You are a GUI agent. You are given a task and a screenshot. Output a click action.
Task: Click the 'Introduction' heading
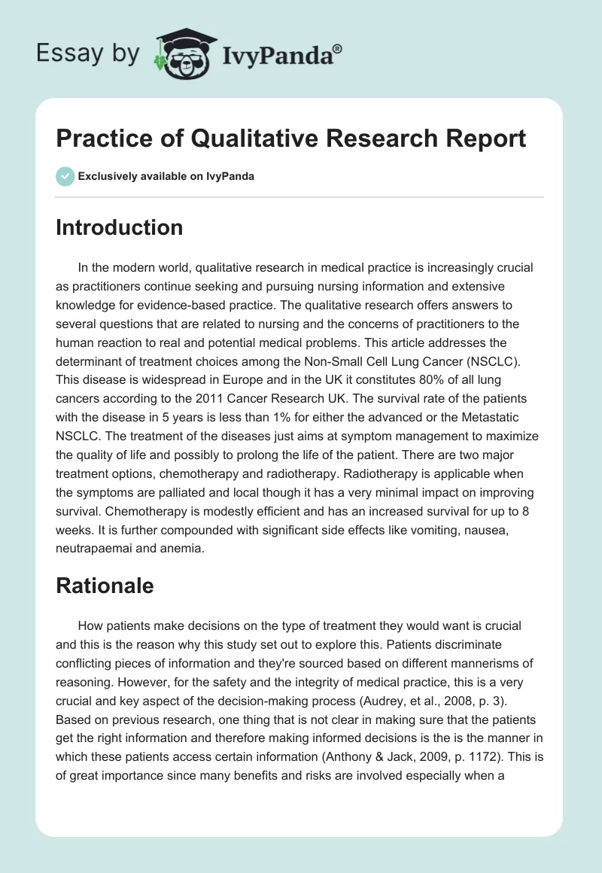pos(119,227)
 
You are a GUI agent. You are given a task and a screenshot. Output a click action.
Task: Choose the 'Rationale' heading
pos(105,586)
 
